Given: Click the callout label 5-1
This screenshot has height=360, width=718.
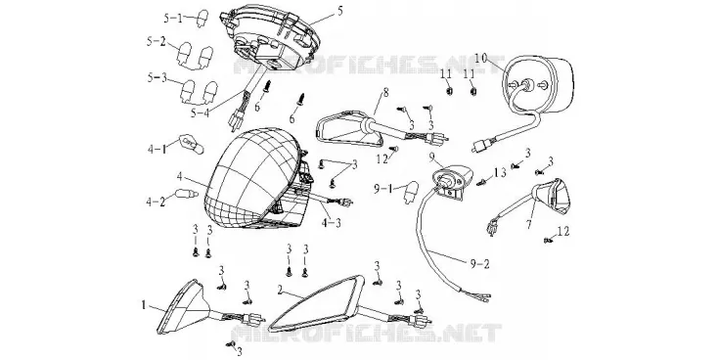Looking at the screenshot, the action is coord(173,18).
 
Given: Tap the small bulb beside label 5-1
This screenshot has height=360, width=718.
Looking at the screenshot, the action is coord(202,21).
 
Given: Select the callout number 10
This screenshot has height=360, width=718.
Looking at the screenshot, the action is coord(481,58).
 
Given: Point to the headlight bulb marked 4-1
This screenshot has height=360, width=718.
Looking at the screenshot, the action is coord(188,144).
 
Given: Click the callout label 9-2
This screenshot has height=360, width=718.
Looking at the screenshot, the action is coord(479,263).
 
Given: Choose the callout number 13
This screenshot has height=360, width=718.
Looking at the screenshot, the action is coord(500,172).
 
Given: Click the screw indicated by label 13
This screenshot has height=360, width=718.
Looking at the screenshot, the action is coord(481,182).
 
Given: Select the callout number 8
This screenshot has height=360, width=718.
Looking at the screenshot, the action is coord(385,93).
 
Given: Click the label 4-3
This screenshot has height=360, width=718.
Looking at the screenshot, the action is coord(331,224).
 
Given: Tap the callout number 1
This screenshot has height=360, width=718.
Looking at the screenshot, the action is coord(144,304).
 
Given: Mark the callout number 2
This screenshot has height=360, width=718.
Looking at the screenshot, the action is coord(280,290).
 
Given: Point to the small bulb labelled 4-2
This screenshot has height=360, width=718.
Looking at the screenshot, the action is coord(187,195).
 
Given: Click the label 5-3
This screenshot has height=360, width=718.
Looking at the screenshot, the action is coord(157,77).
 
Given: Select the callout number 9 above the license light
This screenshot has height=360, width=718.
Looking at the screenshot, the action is coord(431,157).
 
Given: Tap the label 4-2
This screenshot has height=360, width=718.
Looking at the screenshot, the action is coord(157,202).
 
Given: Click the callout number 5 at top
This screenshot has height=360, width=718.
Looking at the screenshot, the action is coord(339,11).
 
